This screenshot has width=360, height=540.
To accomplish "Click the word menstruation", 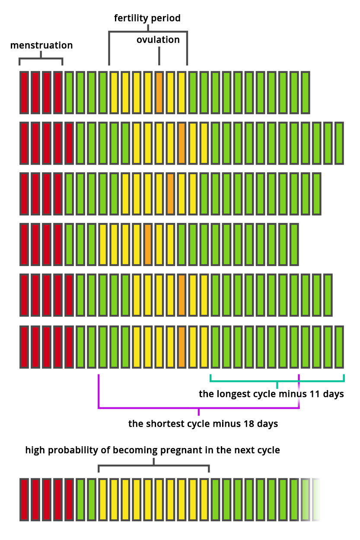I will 41,45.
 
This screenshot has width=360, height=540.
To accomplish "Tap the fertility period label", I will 147,18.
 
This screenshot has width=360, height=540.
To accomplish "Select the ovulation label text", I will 158,40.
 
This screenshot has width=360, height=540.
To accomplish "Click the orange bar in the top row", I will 159,92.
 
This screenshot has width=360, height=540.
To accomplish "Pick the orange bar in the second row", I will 182,143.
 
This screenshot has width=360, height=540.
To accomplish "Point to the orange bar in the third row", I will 170,194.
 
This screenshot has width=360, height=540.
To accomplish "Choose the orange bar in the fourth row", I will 148,244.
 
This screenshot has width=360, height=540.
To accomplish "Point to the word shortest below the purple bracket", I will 166,423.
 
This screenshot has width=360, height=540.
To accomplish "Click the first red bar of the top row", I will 24,92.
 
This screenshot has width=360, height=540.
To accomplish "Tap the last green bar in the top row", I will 305,92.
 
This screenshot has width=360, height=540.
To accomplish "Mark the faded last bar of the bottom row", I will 316,499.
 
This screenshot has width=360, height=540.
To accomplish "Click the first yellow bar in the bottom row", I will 103,499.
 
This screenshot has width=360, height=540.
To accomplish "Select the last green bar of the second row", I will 339,143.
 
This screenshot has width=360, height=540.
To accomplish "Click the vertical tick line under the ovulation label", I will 159,55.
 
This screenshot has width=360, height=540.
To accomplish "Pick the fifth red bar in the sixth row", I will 69,347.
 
